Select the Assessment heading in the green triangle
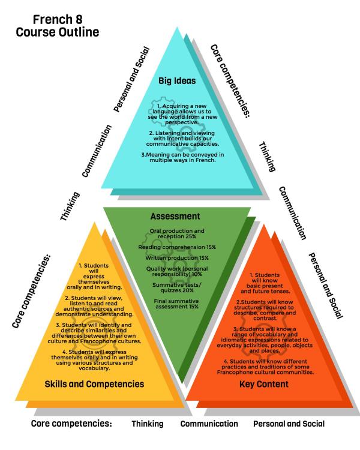[175, 216]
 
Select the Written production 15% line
[177, 258]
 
